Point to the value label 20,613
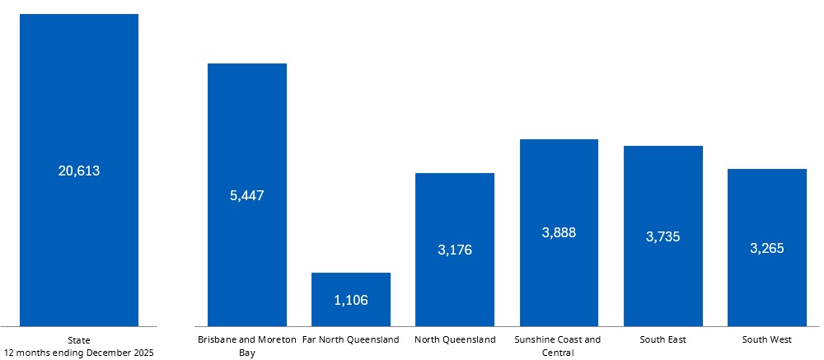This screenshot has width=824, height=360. click(x=79, y=171)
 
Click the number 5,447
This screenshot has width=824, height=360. click(x=247, y=195)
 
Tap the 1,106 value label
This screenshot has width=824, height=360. click(x=351, y=300)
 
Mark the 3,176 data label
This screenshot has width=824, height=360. click(x=455, y=250)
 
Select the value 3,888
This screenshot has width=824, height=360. click(x=559, y=232)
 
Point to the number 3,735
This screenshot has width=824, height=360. click(x=663, y=236)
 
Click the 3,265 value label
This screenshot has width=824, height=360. click(x=767, y=248)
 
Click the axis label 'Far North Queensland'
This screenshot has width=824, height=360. click(x=351, y=339)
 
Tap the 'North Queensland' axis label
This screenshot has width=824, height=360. click(x=455, y=339)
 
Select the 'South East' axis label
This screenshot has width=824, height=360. click(x=663, y=339)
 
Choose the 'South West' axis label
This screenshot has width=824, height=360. click(x=767, y=339)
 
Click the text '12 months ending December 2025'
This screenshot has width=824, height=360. click(x=79, y=353)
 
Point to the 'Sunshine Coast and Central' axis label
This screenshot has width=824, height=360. click(x=558, y=346)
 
